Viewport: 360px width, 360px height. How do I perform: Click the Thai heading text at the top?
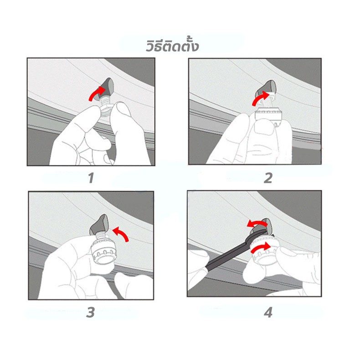[x=172, y=46]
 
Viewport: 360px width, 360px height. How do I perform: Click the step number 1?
[x=91, y=178]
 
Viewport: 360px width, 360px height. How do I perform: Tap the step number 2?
[x=268, y=178]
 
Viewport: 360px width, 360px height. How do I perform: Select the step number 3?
[x=91, y=312]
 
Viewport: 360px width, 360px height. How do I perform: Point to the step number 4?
[x=268, y=313]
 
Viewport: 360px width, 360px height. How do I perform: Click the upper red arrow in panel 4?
[x=257, y=223]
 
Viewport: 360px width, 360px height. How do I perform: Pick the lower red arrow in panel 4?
[x=261, y=247]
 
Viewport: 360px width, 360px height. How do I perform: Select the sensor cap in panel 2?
[x=267, y=115]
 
